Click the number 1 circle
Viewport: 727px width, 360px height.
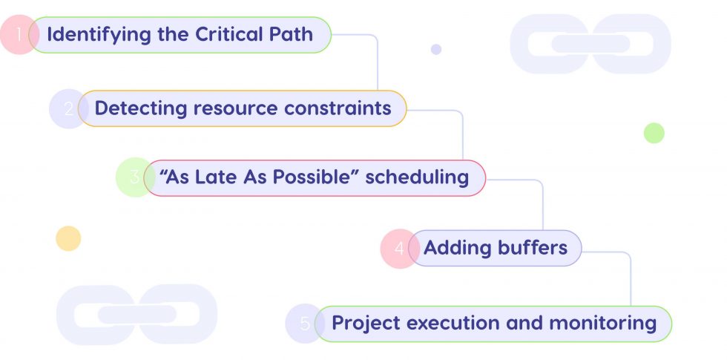tap(18, 35)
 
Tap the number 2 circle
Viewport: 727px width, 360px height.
tap(68, 108)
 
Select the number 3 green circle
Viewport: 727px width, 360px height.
tap(134, 178)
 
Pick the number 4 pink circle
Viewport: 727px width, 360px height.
tap(399, 248)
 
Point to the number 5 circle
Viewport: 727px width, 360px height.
tap(304, 324)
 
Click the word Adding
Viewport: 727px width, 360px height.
tap(454, 248)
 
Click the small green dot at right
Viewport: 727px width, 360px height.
tap(654, 133)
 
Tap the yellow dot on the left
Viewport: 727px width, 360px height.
tap(68, 238)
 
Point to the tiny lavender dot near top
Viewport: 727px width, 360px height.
tap(436, 49)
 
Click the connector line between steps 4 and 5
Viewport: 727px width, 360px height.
tap(630, 278)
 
